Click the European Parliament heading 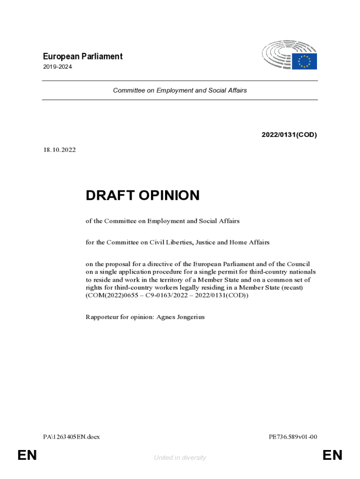click(82, 57)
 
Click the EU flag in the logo click(304, 61)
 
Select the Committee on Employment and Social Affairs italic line click(180, 90)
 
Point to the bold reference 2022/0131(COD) click(289, 135)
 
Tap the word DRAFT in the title click(109, 196)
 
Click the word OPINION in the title click(168, 196)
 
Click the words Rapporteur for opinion click(119, 317)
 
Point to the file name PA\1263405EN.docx click(71, 437)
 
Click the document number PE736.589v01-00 click(293, 437)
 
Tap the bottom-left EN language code click(27, 455)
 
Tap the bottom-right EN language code click(332, 455)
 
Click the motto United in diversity click(180, 457)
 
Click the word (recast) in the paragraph click(292, 288)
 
